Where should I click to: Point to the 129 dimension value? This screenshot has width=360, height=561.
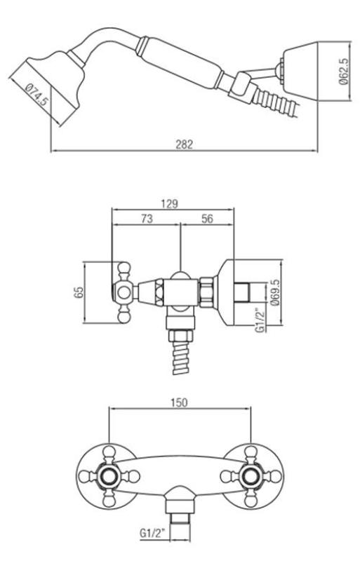168,203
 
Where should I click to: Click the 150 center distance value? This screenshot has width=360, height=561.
180,405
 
